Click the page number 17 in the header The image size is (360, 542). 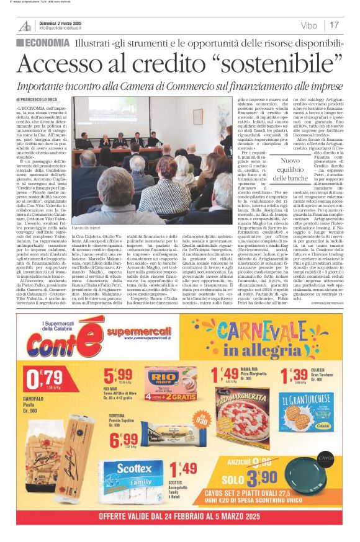pos(334,25)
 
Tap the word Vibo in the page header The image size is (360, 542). pos(308,25)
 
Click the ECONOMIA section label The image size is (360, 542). pos(43,43)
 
